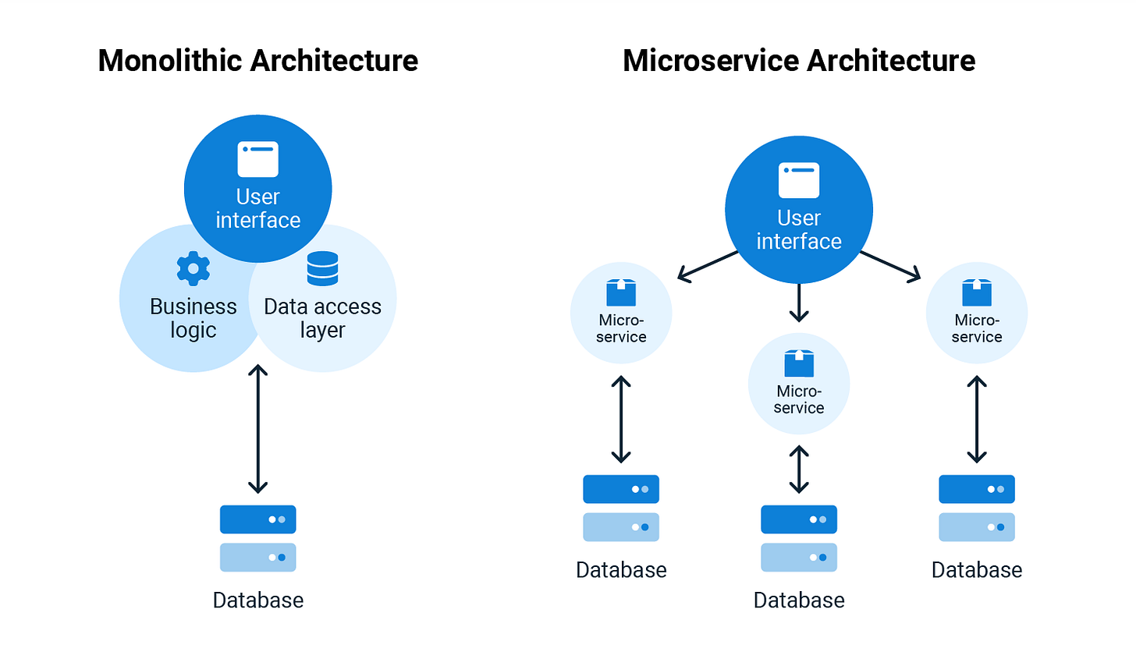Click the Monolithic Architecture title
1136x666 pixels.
tap(257, 61)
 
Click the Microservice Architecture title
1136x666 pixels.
tap(798, 61)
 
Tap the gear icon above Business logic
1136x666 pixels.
tap(193, 268)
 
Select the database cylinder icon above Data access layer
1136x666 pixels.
tap(322, 268)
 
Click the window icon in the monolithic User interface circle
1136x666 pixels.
tap(257, 159)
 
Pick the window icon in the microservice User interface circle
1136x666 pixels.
tap(798, 180)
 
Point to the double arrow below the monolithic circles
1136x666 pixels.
tap(257, 429)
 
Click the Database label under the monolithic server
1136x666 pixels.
tap(257, 600)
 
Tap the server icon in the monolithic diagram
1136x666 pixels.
tap(257, 538)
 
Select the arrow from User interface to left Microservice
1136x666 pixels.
tap(708, 265)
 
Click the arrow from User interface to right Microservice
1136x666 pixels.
tap(890, 265)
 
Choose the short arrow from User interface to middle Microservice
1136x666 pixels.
tap(798, 303)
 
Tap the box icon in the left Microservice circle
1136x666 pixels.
tap(621, 292)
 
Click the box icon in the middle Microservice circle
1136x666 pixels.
tap(798, 363)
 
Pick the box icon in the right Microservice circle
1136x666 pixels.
tap(976, 292)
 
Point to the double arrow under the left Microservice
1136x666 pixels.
tap(621, 420)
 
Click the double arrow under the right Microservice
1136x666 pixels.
tap(976, 420)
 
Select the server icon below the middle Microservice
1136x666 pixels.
tap(798, 538)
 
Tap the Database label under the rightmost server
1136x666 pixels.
tap(976, 570)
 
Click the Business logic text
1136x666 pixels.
tap(193, 318)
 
